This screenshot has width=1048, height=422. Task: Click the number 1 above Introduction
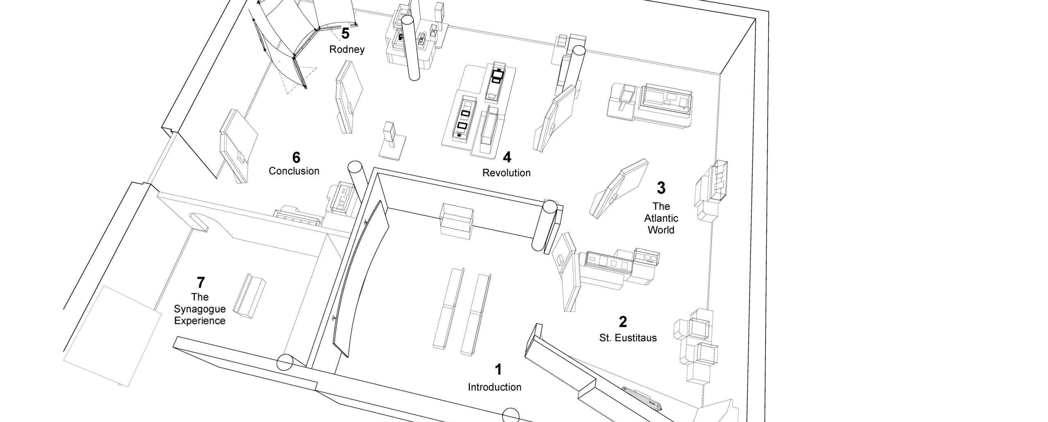498,369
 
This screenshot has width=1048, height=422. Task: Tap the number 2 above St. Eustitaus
623,322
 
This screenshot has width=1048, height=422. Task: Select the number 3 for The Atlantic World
661,188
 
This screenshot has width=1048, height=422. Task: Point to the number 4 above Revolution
507,157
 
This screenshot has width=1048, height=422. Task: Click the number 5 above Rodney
345,34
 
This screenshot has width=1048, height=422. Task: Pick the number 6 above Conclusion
296,158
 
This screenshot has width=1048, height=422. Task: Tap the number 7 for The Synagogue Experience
200,282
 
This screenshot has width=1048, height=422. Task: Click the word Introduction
494,387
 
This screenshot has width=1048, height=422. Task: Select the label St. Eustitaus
628,338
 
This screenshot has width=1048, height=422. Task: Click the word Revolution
506,173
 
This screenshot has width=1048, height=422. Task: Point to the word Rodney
347,50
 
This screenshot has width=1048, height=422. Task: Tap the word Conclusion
294,171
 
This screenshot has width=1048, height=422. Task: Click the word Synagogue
200,309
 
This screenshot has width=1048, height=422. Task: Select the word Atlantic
661,218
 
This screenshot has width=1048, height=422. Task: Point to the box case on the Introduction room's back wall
457,222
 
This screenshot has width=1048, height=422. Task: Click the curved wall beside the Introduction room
361,279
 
